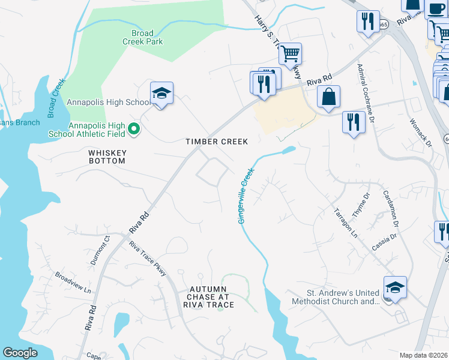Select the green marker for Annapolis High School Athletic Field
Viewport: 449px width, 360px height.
point(134,129)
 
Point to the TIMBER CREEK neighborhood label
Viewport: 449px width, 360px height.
point(216,142)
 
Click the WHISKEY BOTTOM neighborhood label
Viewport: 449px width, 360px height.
point(107,157)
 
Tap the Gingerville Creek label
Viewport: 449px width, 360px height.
point(246,196)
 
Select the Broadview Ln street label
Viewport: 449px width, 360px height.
point(72,282)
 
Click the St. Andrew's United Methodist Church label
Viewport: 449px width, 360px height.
point(335,297)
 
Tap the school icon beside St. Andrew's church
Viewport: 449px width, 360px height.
point(395,289)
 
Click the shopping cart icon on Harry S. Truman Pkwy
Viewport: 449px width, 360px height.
point(290,54)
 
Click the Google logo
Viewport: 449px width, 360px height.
point(20,353)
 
